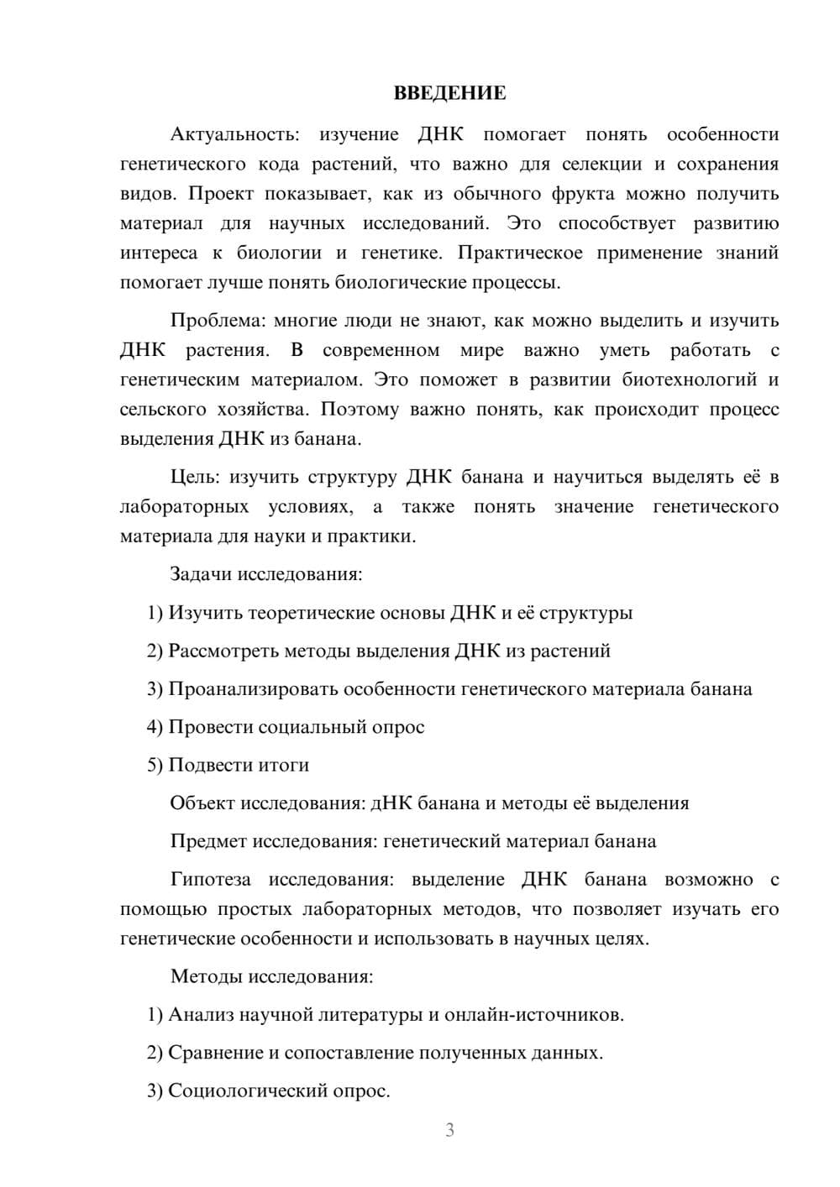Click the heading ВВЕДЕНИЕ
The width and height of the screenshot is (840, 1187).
coord(449,93)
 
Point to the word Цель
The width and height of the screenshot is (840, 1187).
coord(194,478)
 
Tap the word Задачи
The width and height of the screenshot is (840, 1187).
coord(201,575)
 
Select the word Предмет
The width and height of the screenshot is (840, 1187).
coord(208,841)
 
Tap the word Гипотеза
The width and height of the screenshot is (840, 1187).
coord(210,880)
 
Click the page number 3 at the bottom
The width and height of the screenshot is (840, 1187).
coord(449,1130)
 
